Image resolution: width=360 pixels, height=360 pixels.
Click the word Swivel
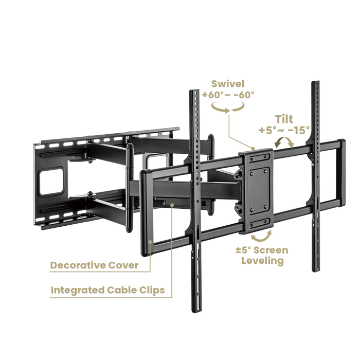pyautogui.click(x=227, y=84)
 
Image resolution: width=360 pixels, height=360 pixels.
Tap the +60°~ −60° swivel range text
pyautogui.click(x=228, y=95)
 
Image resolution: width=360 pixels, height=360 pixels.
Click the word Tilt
pyautogui.click(x=284, y=119)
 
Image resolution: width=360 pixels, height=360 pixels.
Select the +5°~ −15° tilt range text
pyautogui.click(x=284, y=130)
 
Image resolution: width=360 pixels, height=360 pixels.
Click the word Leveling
pyautogui.click(x=263, y=261)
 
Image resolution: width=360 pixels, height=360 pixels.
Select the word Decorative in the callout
pyautogui.click(x=78, y=265)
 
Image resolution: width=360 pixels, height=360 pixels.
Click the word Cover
pyautogui.click(x=123, y=265)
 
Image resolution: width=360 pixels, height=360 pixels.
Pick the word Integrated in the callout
pyautogui.click(x=78, y=290)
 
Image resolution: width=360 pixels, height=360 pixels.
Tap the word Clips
pyautogui.click(x=152, y=290)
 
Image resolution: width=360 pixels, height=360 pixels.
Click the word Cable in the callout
pyautogui.click(x=122, y=290)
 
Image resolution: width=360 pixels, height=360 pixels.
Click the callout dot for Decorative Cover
pyautogui.click(x=150, y=242)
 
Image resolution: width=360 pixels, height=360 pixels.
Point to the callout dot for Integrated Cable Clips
pyautogui.click(x=172, y=205)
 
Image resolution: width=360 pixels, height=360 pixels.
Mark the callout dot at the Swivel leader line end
pyautogui.click(x=253, y=149)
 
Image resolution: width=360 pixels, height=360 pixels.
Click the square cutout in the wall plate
pyautogui.click(x=51, y=182)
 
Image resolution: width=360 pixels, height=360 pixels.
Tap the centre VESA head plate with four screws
pyautogui.click(x=259, y=191)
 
